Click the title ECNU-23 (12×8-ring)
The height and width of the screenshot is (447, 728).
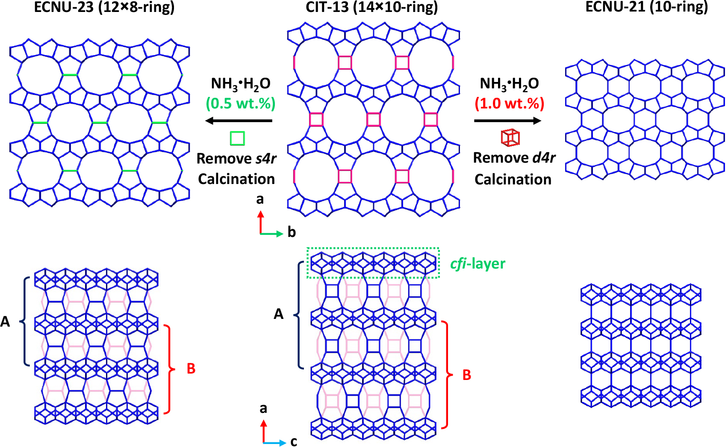click(x=104, y=7)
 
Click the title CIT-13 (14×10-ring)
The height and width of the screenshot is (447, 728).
click(x=371, y=7)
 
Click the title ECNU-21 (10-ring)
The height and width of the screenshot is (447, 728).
click(x=646, y=7)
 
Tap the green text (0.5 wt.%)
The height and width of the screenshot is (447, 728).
click(x=241, y=103)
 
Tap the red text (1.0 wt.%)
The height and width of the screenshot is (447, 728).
click(x=509, y=103)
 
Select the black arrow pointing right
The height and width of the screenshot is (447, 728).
click(x=507, y=121)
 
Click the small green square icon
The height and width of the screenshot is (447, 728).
click(x=237, y=138)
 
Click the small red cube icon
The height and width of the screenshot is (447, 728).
click(x=510, y=137)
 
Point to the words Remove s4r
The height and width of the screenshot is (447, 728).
click(x=236, y=158)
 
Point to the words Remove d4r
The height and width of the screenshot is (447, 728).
click(x=514, y=158)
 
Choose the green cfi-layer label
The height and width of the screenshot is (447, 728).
click(x=477, y=264)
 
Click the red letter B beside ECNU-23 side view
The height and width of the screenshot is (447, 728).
click(x=191, y=368)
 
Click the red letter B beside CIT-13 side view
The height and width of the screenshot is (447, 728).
click(x=467, y=375)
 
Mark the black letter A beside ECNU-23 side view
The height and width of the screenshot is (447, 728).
click(x=5, y=321)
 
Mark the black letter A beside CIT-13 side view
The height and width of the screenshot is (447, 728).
click(x=279, y=314)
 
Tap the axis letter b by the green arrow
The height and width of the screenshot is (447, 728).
click(x=292, y=232)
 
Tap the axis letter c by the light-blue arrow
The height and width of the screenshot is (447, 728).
click(x=294, y=441)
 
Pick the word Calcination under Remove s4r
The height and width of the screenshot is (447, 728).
click(x=236, y=179)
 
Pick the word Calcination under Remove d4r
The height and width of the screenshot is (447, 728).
click(x=513, y=179)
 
